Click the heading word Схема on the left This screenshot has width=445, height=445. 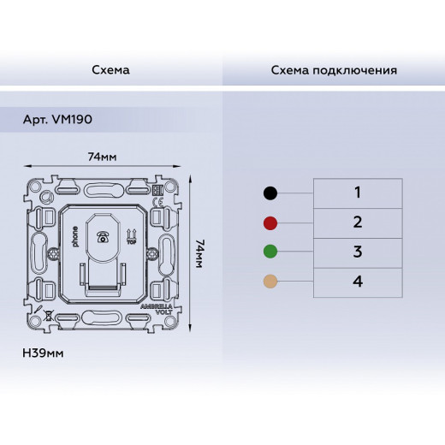click(110, 69)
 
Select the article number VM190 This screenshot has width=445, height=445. click(57, 119)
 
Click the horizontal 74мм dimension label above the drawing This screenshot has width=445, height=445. click(103, 157)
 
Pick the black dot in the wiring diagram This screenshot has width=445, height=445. click(270, 193)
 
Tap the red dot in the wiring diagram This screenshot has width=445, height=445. click(270, 223)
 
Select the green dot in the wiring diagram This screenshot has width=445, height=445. click(270, 252)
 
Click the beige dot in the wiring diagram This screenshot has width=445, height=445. click(270, 282)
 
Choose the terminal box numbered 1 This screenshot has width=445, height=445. click(359, 193)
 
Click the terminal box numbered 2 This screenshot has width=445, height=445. click(359, 222)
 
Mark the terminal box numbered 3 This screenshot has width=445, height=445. click(359, 252)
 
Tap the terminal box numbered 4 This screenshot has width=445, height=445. click(359, 281)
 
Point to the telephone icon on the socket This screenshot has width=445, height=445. click(104, 236)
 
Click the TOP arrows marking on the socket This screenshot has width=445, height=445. click(131, 235)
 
